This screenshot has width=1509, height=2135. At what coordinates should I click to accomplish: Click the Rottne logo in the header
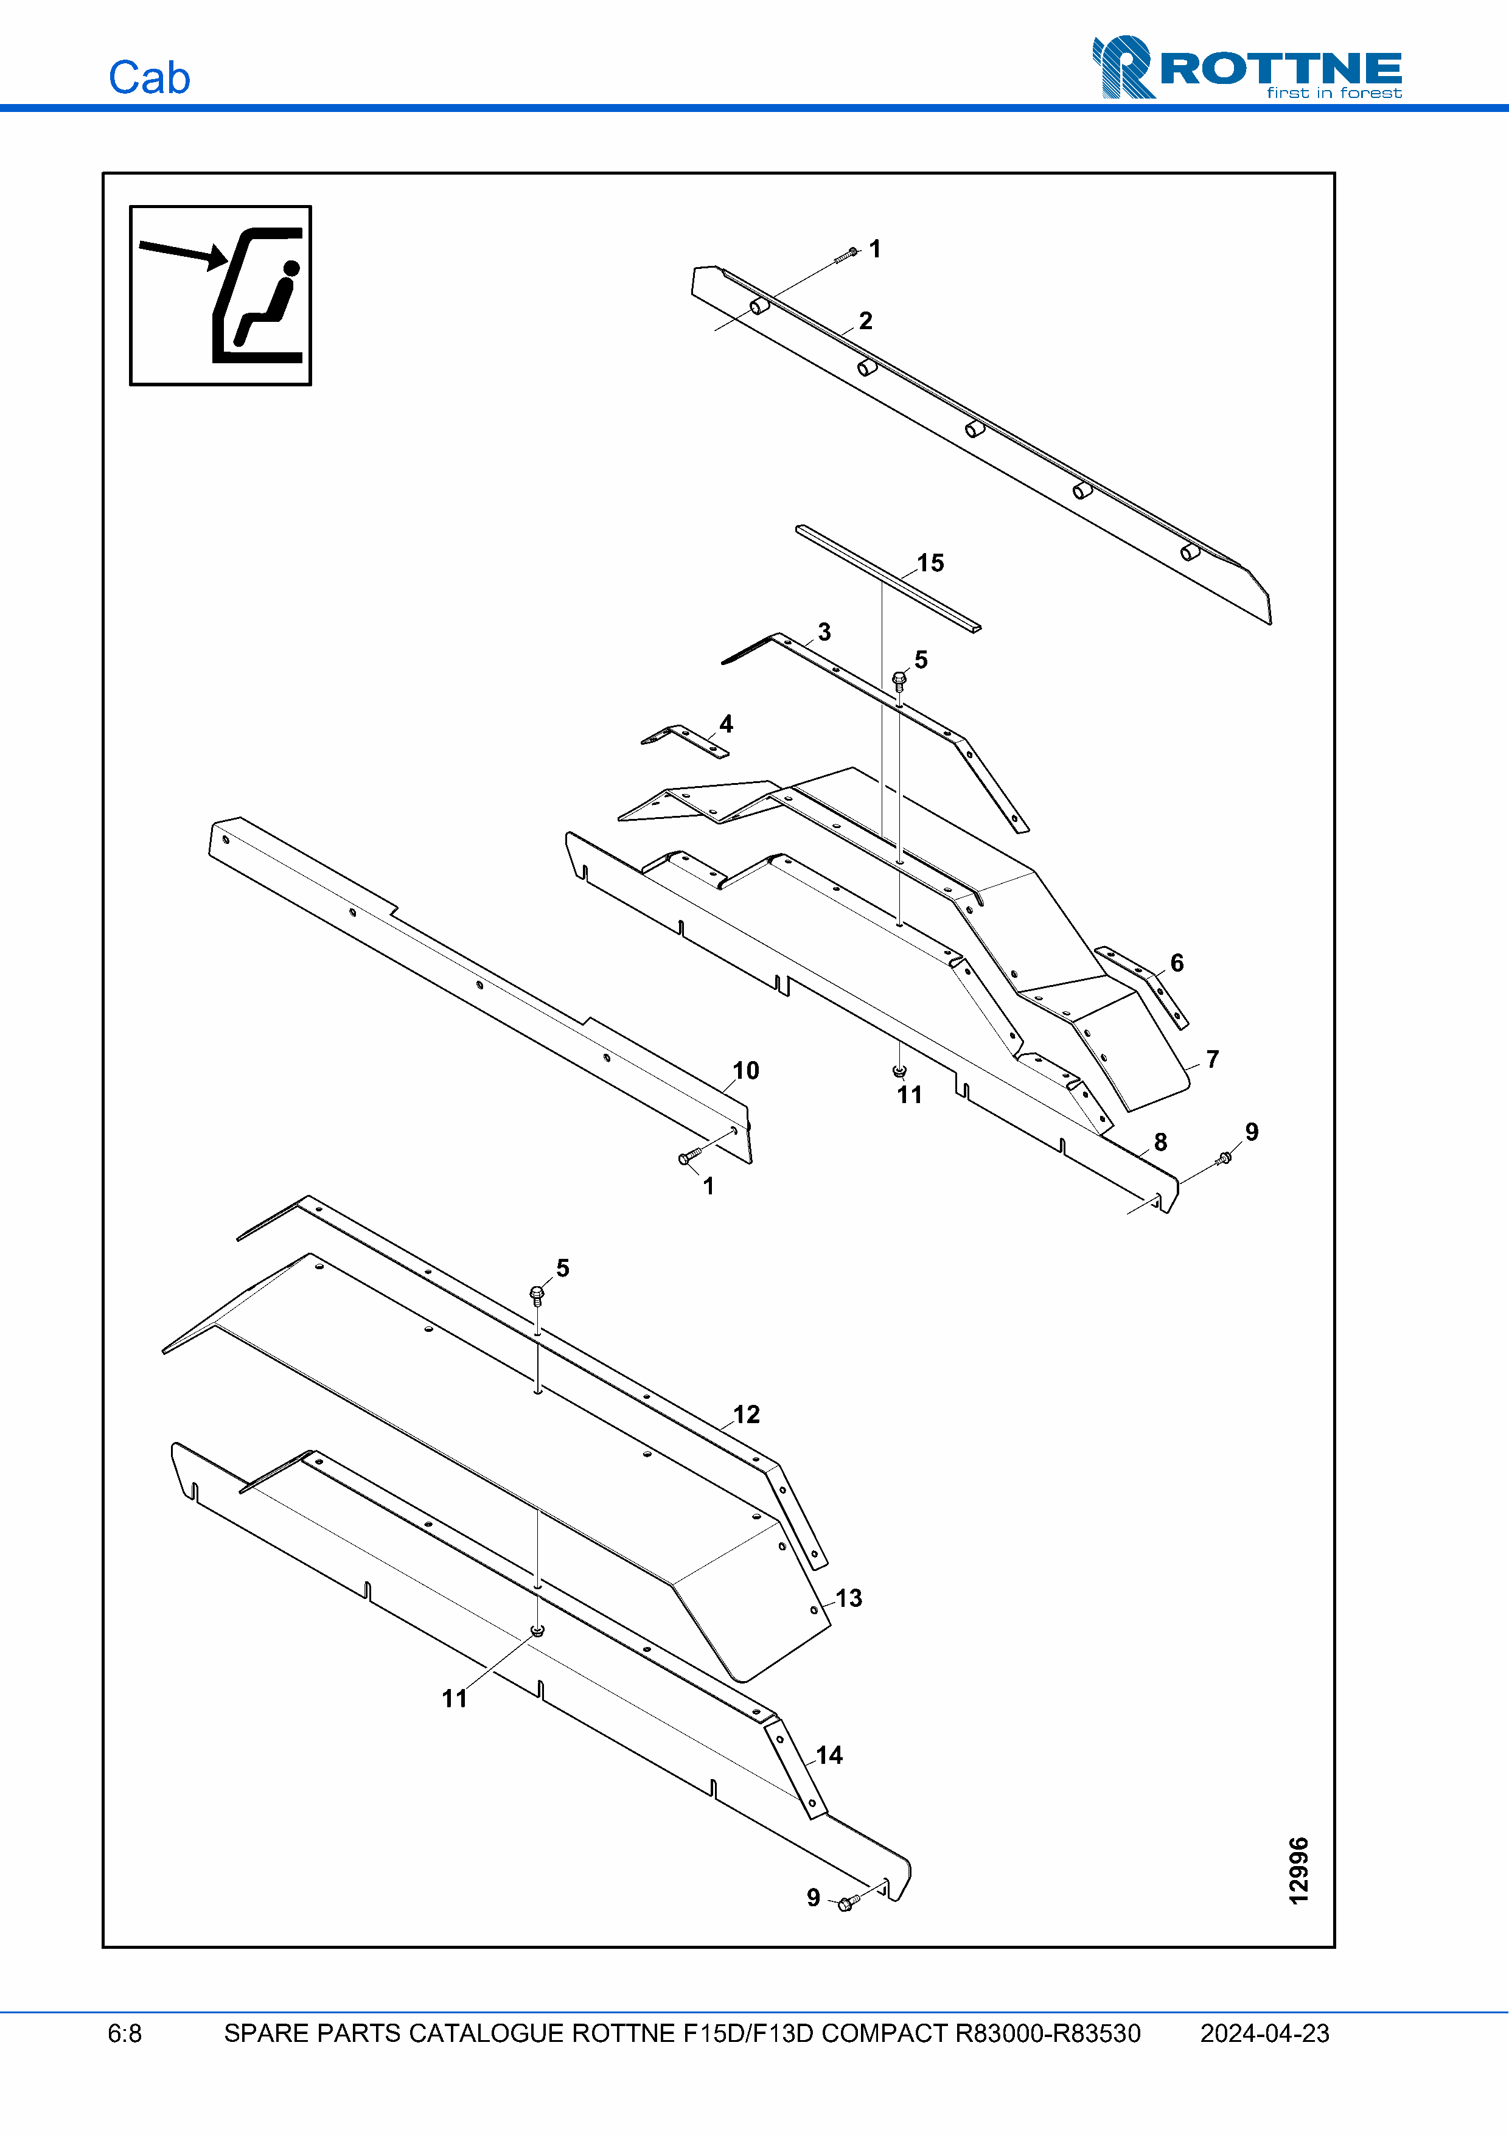click(1247, 67)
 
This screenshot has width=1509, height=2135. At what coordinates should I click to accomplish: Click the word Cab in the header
click(148, 77)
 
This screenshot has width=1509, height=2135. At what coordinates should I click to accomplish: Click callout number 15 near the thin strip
click(930, 563)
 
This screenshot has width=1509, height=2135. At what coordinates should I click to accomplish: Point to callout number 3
click(824, 632)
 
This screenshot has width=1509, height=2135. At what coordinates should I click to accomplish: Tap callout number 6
click(1176, 963)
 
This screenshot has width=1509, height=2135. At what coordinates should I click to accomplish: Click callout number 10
click(745, 1070)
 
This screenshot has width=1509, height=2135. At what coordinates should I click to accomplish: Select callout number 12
click(745, 1415)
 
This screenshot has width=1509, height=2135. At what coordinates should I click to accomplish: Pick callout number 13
click(848, 1598)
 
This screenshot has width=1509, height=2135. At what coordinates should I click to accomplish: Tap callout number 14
click(828, 1755)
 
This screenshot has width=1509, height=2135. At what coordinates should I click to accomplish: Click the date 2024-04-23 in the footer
click(1264, 2033)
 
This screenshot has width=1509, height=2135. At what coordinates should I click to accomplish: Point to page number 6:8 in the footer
click(125, 2033)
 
